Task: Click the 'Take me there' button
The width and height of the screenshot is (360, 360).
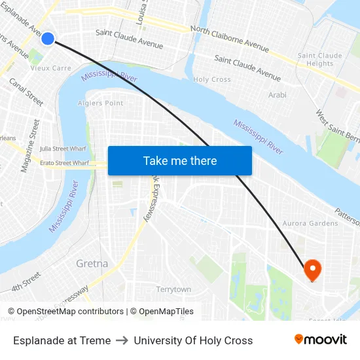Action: pyautogui.click(x=179, y=161)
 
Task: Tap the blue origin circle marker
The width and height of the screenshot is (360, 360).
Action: pyautogui.click(x=48, y=39)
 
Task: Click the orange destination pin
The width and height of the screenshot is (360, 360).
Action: pyautogui.click(x=312, y=269)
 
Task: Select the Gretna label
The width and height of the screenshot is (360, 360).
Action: pyautogui.click(x=92, y=264)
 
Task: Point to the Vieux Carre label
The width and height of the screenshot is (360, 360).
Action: pyautogui.click(x=51, y=68)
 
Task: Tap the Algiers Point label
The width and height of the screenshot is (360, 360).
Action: pyautogui.click(x=101, y=103)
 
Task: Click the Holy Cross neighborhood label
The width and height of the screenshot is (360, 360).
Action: pyautogui.click(x=212, y=79)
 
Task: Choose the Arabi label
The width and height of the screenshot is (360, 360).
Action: pyautogui.click(x=278, y=95)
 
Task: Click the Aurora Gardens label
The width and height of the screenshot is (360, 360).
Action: pyautogui.click(x=310, y=223)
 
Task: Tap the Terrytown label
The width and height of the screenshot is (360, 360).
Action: pyautogui.click(x=173, y=289)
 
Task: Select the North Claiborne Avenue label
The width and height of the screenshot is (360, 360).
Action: pyautogui.click(x=229, y=38)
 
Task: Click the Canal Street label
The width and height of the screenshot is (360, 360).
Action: pyautogui.click(x=26, y=93)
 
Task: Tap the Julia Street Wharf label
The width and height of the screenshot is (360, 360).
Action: pyautogui.click(x=63, y=149)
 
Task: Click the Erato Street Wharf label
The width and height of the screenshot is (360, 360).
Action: pyautogui.click(x=64, y=162)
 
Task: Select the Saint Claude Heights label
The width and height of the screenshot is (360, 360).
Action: pyautogui.click(x=320, y=60)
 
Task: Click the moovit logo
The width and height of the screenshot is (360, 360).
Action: pyautogui.click(x=321, y=340)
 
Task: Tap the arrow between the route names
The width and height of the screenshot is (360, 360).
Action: pyautogui.click(x=122, y=340)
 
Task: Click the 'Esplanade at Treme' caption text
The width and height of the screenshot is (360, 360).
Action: pyautogui.click(x=62, y=340)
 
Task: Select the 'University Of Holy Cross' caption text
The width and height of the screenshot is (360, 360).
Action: pyautogui.click(x=193, y=340)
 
